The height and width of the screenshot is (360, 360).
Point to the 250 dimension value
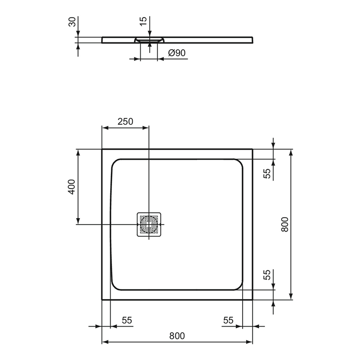tap(125, 122)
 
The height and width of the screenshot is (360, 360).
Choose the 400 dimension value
tap(72, 187)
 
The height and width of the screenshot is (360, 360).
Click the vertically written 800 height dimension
tap(285, 224)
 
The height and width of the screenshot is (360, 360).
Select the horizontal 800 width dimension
tap(177, 336)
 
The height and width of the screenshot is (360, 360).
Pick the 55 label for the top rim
tap(267, 174)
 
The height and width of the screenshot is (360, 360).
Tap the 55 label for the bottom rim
tap(267, 275)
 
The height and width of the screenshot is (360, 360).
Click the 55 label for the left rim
tap(127, 321)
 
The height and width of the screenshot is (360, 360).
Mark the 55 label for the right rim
tap(228, 321)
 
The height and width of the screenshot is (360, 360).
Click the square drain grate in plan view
tap(149, 224)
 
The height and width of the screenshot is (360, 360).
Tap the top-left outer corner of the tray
tap(102, 150)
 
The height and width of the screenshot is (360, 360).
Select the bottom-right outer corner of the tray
tap(252, 299)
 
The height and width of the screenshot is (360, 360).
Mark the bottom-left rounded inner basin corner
tap(116, 285)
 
